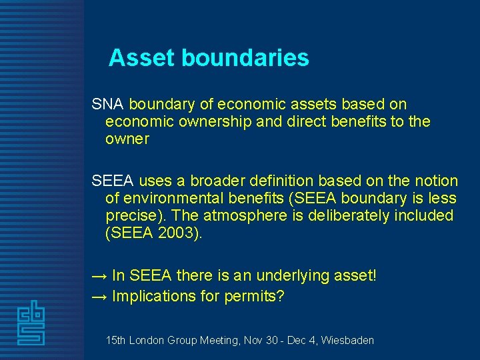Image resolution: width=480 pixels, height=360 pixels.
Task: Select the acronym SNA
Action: point(108,105)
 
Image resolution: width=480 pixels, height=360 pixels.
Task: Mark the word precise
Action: point(133,216)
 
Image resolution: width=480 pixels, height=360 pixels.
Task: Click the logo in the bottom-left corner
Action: point(31,323)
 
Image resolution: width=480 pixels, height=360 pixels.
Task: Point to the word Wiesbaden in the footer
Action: point(347,340)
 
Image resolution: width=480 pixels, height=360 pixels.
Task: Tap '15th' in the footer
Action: point(116,340)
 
